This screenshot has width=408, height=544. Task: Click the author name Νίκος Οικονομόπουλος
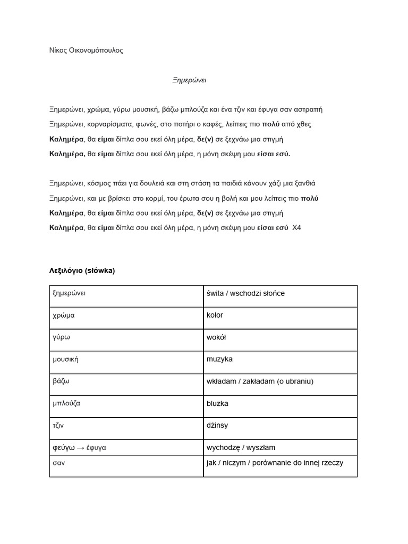(x=86, y=50)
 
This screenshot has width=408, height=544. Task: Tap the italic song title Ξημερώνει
(x=189, y=80)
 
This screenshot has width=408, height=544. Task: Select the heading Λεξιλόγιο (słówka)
(x=82, y=271)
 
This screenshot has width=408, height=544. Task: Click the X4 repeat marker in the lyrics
(x=296, y=228)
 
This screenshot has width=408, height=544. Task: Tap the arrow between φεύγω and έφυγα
(x=80, y=448)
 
